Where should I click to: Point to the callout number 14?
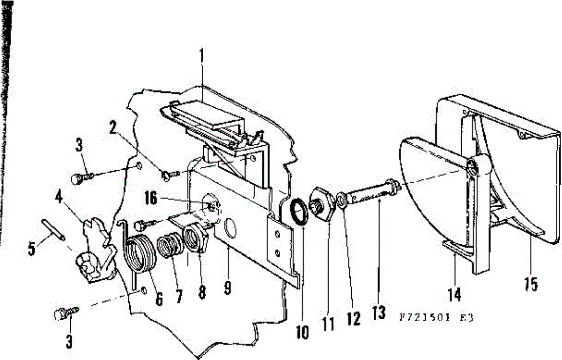pos(454,294)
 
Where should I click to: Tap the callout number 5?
pos(32,248)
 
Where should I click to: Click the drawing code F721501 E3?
pos(436,317)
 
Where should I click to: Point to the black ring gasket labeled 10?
pos(297,212)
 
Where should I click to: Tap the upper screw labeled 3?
pos(80,179)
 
